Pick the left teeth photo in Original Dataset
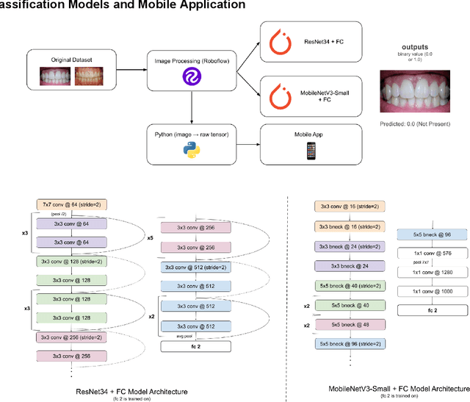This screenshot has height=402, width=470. click(59, 76)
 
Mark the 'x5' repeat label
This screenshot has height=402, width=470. click(151, 237)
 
